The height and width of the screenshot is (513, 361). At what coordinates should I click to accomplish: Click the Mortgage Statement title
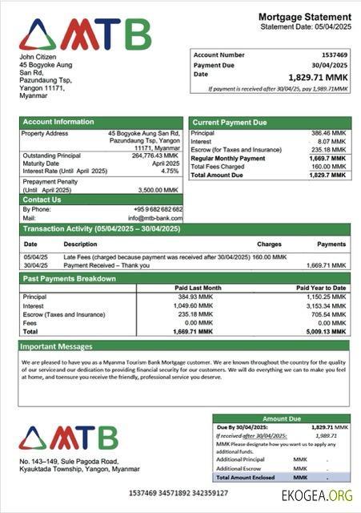tap(304, 17)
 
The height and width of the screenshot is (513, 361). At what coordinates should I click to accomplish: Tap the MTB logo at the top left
tap(85, 34)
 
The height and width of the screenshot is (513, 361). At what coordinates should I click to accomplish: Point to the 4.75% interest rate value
tap(170, 171)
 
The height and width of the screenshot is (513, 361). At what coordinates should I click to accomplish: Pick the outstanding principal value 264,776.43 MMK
tap(154, 156)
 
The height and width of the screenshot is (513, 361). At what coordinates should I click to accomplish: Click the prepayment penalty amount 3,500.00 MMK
tap(160, 190)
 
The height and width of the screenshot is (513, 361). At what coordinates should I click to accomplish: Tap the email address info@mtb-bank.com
tap(155, 218)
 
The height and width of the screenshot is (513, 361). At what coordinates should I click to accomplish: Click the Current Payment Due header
tap(230, 123)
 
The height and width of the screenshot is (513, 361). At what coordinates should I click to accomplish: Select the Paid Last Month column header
tap(198, 288)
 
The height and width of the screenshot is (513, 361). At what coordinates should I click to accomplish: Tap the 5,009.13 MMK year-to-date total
tap(327, 331)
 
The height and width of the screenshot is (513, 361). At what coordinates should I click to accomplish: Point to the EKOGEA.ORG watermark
tap(317, 495)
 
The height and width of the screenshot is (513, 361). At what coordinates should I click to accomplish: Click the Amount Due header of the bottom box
tap(281, 418)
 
